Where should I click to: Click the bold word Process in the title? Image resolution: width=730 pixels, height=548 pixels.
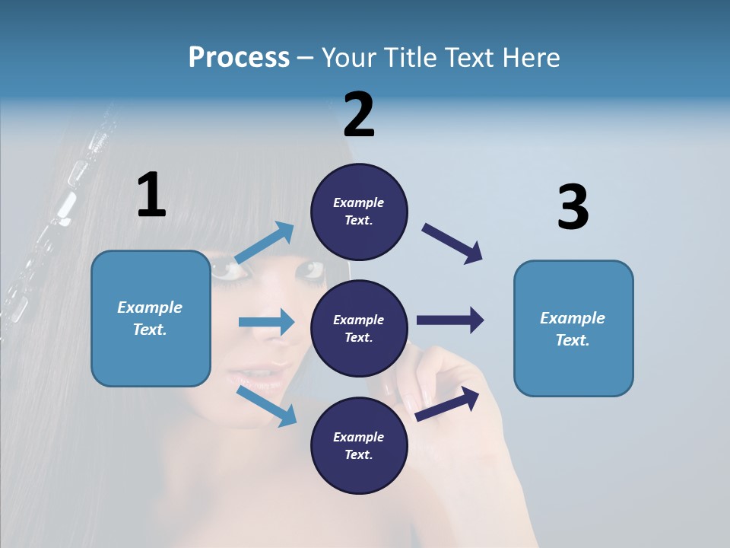(x=239, y=57)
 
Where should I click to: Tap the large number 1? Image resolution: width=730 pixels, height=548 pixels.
(x=151, y=195)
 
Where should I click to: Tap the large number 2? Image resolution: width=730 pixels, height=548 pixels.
(x=359, y=114)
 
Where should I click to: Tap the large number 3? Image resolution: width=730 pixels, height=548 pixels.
(x=573, y=207)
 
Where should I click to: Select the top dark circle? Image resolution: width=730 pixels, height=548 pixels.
(x=359, y=212)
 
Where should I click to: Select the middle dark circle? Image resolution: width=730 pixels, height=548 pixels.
(x=359, y=328)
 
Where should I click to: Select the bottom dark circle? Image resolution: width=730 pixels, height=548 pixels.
(x=359, y=445)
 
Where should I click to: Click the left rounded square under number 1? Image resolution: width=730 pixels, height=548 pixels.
(x=151, y=318)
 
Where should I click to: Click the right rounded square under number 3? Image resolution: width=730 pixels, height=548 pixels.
(x=573, y=328)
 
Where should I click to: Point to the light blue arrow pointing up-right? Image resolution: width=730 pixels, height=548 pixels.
(x=265, y=243)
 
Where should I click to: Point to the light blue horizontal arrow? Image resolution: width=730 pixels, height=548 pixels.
(x=266, y=322)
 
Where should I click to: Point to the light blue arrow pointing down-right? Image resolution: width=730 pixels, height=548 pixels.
(x=267, y=406)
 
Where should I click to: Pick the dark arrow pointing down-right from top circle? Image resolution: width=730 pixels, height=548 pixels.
(x=452, y=244)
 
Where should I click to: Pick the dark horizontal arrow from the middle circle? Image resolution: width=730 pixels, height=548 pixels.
(x=450, y=320)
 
